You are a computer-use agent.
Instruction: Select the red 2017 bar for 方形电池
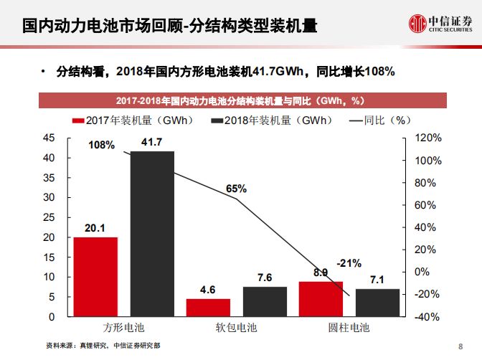point(95,276)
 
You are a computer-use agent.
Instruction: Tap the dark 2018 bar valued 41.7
point(152,234)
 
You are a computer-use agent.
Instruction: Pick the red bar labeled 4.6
point(209,307)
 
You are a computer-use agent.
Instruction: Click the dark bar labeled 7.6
point(265,301)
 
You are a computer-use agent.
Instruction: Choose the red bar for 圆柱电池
point(321,298)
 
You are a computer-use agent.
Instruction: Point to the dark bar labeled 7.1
point(377,302)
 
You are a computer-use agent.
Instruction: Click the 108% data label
point(101,145)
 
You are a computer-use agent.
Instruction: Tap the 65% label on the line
point(236,189)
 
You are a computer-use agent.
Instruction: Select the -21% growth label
point(349,262)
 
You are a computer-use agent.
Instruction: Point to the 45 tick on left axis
point(49,138)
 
